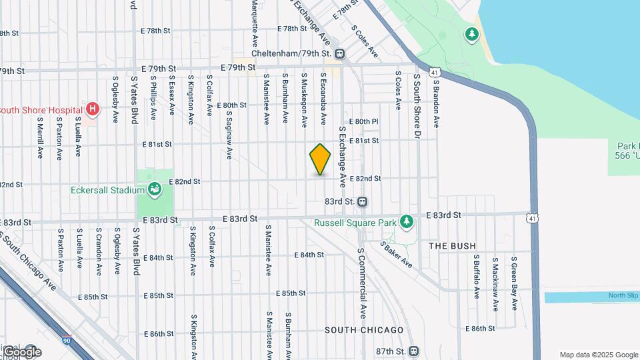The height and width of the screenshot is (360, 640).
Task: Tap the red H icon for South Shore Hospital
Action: (x=93, y=109)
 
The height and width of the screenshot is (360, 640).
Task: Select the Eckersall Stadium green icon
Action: (x=155, y=190)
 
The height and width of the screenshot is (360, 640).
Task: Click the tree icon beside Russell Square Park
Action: (x=406, y=222)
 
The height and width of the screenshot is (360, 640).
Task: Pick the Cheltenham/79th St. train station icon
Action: (x=340, y=53)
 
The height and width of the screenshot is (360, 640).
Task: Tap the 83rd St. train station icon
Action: (x=363, y=201)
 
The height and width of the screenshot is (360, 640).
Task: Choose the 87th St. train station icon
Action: (x=414, y=351)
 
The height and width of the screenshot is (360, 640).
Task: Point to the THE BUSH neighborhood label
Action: (x=453, y=246)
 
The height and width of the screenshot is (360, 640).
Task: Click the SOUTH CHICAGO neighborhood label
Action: (x=364, y=330)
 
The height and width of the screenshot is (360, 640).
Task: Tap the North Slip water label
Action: (x=623, y=296)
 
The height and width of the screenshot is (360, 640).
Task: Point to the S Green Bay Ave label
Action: (x=514, y=283)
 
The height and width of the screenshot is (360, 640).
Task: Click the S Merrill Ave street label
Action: (x=40, y=139)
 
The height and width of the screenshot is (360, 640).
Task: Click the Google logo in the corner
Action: (x=22, y=351)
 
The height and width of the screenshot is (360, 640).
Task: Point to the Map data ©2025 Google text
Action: (x=598, y=355)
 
